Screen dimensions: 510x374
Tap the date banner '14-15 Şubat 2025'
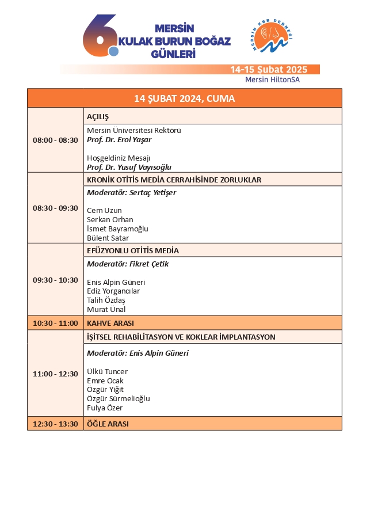pyautogui.click(x=268, y=70)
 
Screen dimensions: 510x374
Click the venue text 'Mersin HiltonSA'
pyautogui.click(x=272, y=80)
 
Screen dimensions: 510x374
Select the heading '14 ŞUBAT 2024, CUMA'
pyautogui.click(x=184, y=98)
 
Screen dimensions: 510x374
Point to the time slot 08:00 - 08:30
pyautogui.click(x=55, y=140)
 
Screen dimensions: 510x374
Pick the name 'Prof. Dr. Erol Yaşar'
pyautogui.click(x=119, y=139)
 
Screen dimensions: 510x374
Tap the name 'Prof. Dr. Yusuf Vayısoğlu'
pyautogui.click(x=129, y=167)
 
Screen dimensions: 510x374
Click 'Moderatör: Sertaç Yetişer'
pyautogui.click(x=131, y=192)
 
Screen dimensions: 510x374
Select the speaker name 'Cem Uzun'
pyautogui.click(x=104, y=211)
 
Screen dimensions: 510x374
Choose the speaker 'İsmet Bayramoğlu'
pyautogui.click(x=117, y=229)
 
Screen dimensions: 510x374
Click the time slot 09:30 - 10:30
pyautogui.click(x=55, y=280)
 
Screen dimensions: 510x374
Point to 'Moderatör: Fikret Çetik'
pyautogui.click(x=127, y=264)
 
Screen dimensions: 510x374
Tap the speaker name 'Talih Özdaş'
pyautogui.click(x=106, y=300)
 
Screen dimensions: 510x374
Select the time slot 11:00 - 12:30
pyautogui.click(x=55, y=374)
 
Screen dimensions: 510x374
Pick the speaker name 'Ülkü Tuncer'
pyautogui.click(x=107, y=371)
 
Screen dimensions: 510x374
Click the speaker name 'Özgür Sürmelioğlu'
pyautogui.click(x=118, y=399)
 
